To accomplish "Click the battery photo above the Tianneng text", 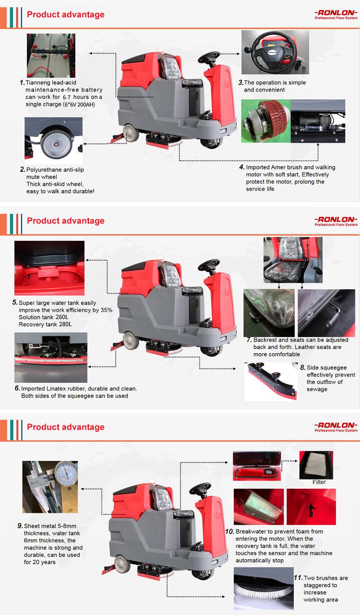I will (50, 55).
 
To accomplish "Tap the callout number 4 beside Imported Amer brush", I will (242, 167).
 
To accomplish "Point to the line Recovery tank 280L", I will (45, 325).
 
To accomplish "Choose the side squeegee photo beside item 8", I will (271, 381).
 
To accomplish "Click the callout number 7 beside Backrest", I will (249, 340).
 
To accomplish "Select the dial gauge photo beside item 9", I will (49, 487).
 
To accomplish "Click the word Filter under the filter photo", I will (319, 482).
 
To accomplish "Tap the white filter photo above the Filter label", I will (316, 464).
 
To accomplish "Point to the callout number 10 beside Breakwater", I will (230, 532).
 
